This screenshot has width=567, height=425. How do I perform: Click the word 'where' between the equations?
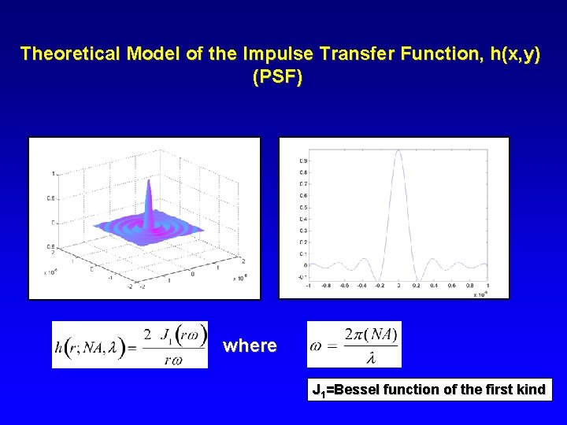point(250,346)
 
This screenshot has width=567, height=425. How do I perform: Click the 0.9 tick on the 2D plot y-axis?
point(303,161)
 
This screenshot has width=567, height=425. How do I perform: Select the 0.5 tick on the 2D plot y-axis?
point(303,208)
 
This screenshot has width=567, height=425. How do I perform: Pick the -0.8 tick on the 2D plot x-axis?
point(326,286)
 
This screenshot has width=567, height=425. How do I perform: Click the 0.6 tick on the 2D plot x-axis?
point(453,286)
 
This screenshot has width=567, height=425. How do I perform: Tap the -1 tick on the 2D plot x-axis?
point(308,286)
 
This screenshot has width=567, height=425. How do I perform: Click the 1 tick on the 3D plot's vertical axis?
point(53,172)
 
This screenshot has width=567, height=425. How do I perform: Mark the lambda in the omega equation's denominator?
point(370,357)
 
